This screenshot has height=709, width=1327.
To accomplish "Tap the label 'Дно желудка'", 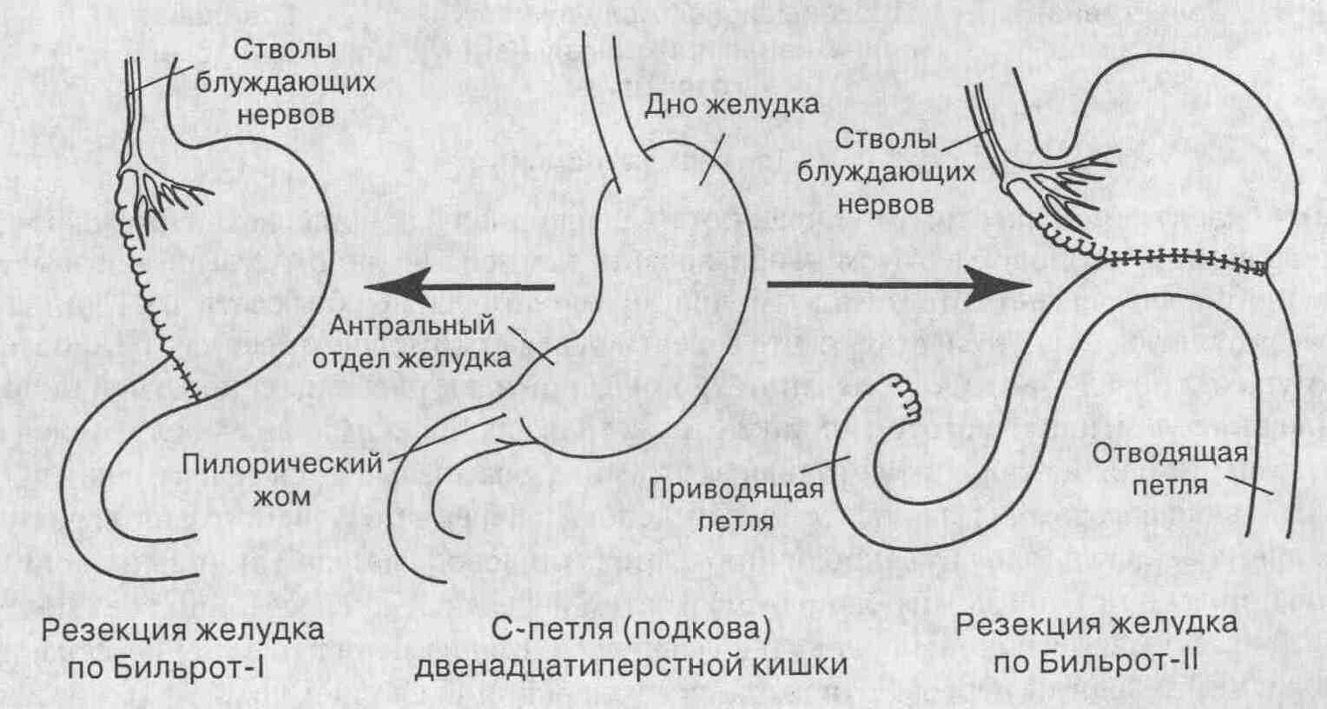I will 731,105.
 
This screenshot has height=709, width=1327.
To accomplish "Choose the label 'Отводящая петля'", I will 1170,468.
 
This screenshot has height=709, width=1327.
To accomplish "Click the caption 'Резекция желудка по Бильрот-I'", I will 182,648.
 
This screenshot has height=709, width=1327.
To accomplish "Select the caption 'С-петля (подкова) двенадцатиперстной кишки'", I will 631,648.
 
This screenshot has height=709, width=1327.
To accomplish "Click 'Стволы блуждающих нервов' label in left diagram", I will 285,83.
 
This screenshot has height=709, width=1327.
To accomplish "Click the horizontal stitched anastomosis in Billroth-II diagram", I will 1181,258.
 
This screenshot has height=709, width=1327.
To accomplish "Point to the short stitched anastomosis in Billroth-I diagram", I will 184,375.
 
